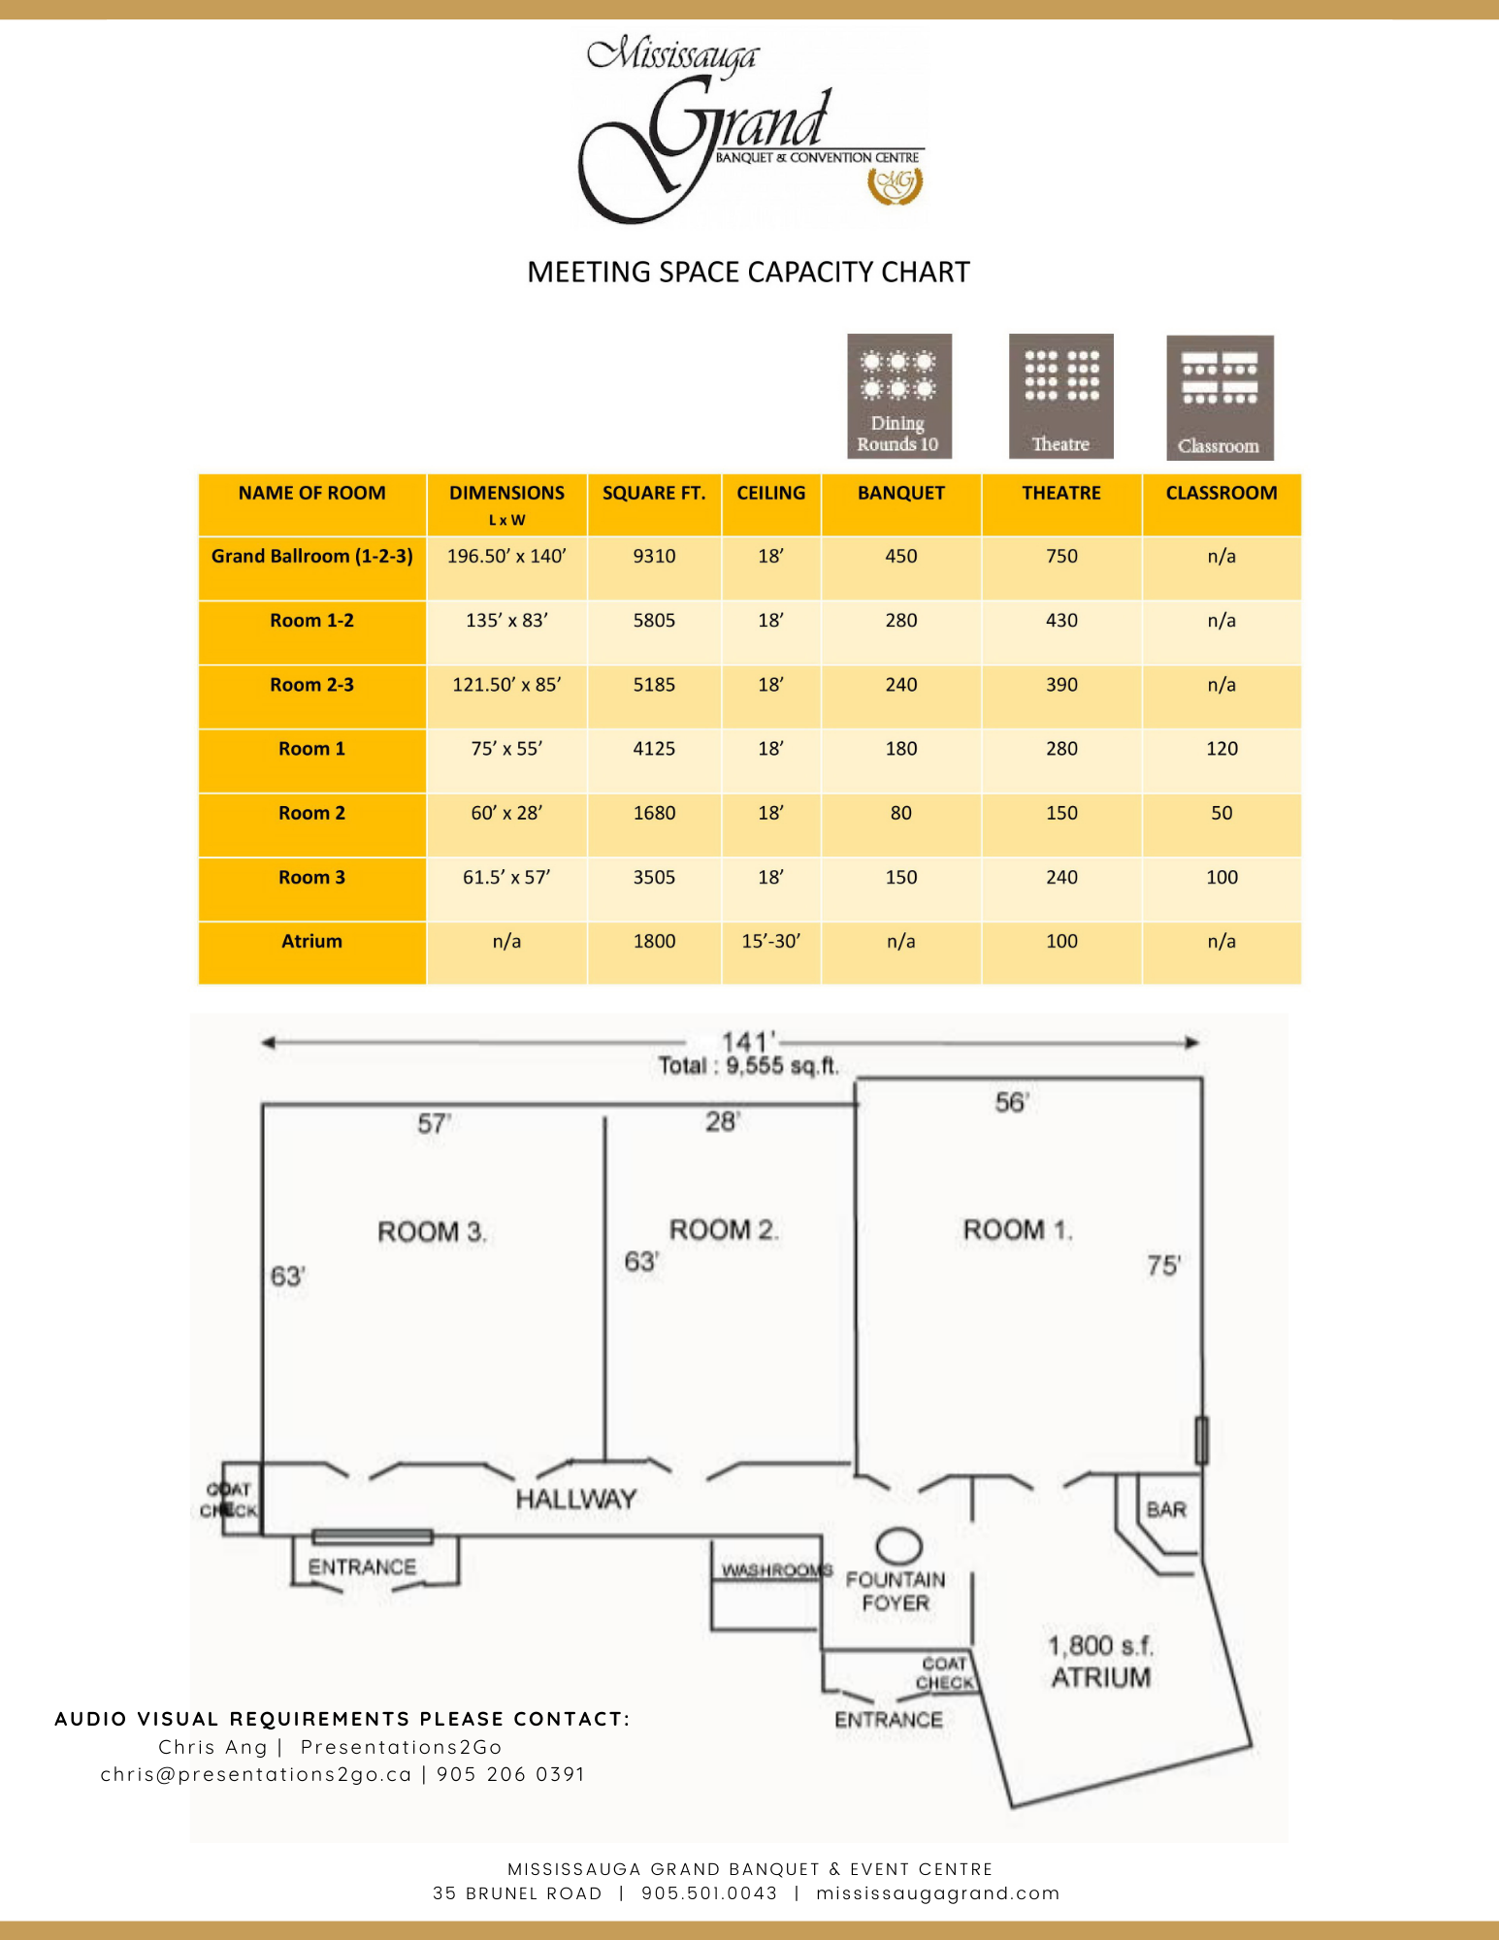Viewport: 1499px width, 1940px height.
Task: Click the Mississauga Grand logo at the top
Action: pos(750,131)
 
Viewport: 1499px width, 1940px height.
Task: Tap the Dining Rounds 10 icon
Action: pos(898,396)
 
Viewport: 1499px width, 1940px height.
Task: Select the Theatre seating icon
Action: pos(1060,396)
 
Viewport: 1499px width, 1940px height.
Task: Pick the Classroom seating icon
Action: pos(1220,397)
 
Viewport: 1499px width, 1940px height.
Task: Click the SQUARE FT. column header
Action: pos(654,494)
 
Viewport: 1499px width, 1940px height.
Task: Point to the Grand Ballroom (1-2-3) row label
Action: pos(311,557)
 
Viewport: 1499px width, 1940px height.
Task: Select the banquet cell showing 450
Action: pos(900,557)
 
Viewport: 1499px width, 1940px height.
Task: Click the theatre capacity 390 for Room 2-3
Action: pos(1061,685)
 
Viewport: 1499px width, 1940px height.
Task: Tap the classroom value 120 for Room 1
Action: pos(1222,749)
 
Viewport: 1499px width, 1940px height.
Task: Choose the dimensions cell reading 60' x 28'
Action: pos(506,813)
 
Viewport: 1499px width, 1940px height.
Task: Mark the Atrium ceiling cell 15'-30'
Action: pos(770,941)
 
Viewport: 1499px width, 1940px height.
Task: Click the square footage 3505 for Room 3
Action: pos(654,877)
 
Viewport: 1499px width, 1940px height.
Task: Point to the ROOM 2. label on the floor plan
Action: pos(724,1230)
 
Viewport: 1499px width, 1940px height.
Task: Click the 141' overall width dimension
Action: pos(746,1042)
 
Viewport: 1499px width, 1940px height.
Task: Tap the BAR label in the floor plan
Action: pos(1165,1509)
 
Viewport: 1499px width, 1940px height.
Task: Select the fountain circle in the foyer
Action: pos(898,1544)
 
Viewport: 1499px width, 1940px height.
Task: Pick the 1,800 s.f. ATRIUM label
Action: pos(1101,1661)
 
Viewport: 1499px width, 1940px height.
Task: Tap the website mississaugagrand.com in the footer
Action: pos(937,1893)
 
